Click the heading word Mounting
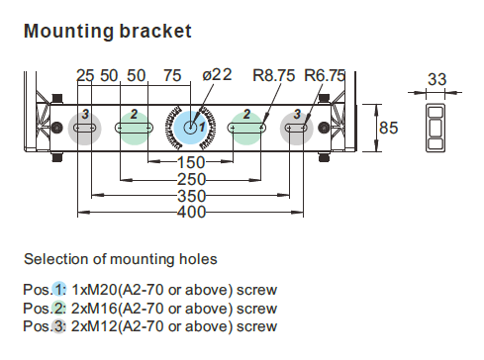(68, 32)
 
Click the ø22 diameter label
(217, 75)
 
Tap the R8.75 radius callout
(273, 75)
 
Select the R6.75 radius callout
(325, 75)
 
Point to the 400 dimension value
(191, 212)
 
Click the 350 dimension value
(191, 196)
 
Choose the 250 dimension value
(191, 180)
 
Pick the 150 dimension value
(191, 162)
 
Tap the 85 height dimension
(389, 128)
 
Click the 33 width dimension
(437, 79)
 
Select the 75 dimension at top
(172, 75)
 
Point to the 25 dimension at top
(85, 75)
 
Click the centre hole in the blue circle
(190, 128)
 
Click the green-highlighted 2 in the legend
(58, 309)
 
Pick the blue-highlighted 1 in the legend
(58, 290)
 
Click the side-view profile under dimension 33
(436, 128)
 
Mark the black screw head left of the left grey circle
(57, 128)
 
